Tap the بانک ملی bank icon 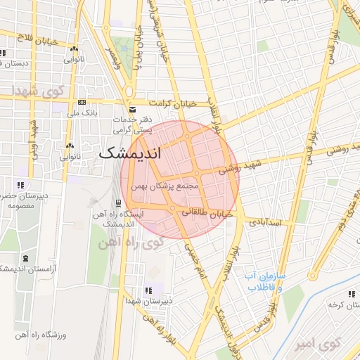(x=82, y=103)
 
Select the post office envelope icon (x=133, y=109)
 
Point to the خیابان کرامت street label (x=167, y=103)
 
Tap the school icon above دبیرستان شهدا (x=148, y=290)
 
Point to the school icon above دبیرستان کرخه (x=350, y=295)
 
